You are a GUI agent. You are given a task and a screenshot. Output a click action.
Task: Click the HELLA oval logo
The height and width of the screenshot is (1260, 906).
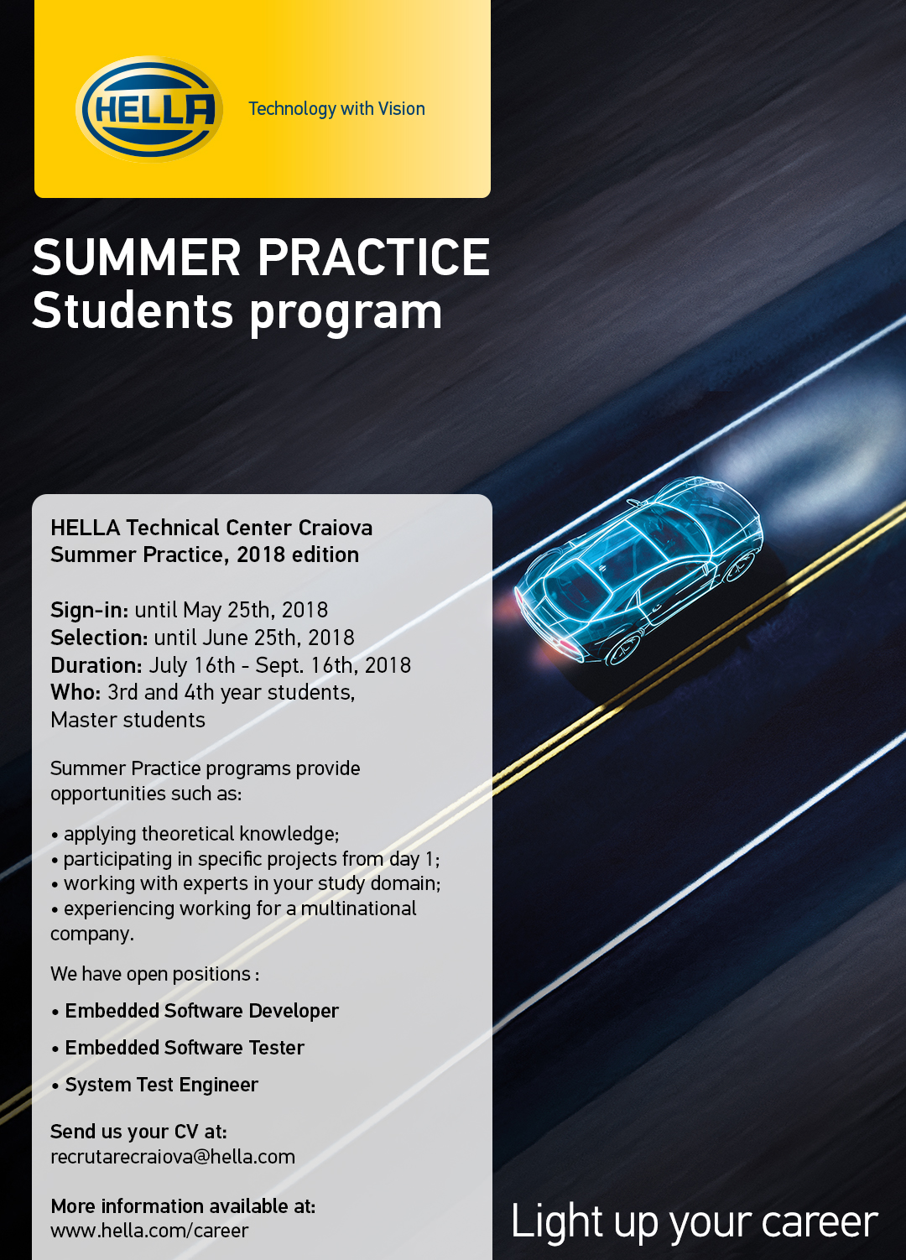[149, 109]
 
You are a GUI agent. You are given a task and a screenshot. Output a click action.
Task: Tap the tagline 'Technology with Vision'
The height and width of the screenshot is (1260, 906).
[337, 108]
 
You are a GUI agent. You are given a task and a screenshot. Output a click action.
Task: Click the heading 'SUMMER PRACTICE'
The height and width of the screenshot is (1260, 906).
[261, 257]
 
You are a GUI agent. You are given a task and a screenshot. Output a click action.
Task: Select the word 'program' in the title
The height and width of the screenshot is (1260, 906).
[346, 314]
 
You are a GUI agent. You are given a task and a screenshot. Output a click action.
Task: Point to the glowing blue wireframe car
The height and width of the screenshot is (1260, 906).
[638, 572]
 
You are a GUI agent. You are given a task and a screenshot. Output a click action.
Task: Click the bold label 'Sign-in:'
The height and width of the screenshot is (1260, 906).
[90, 611]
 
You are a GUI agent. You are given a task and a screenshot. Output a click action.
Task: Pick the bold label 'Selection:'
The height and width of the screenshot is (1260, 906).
[100, 638]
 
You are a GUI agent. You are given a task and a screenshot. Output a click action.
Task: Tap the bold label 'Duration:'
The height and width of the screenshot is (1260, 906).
[96, 665]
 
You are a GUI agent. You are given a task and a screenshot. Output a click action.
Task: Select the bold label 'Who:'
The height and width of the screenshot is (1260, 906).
[75, 692]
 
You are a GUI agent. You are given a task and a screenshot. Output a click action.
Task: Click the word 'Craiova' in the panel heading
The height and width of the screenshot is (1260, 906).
[336, 528]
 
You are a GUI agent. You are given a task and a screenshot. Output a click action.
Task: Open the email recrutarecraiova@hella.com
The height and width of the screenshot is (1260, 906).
[173, 1157]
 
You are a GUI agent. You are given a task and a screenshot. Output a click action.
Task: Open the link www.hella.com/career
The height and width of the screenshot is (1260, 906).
[149, 1231]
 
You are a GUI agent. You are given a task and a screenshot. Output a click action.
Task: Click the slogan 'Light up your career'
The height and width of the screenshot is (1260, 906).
[694, 1222]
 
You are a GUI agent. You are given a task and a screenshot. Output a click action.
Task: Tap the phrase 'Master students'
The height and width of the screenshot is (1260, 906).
[128, 720]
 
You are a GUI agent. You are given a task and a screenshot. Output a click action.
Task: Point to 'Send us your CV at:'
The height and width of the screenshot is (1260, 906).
[138, 1131]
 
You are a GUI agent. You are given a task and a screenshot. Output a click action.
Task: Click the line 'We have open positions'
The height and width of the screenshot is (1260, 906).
[154, 974]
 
